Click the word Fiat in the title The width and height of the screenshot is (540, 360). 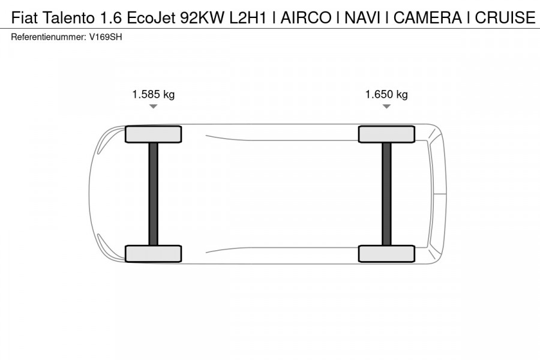click(x=24, y=18)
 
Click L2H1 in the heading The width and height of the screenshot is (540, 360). click(x=248, y=18)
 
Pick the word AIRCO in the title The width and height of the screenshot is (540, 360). click(x=305, y=18)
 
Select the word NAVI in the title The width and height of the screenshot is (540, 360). click(x=363, y=18)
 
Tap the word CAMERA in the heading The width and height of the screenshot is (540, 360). click(x=427, y=18)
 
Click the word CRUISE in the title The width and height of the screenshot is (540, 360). click(x=505, y=18)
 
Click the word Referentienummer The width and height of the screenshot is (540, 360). click(x=48, y=37)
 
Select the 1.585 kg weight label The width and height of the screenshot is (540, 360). click(x=153, y=94)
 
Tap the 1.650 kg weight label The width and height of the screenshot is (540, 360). click(x=386, y=94)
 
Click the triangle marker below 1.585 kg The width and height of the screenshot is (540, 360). click(x=153, y=106)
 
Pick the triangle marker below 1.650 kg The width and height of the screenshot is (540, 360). click(x=386, y=106)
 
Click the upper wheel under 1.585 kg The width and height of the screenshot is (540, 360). click(x=153, y=134)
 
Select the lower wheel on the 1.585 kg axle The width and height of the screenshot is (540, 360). click(x=153, y=253)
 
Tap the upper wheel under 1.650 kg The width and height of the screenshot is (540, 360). click(x=386, y=134)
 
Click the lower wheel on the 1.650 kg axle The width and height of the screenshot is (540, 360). click(x=386, y=253)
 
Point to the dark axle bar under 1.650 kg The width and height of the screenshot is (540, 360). click(x=386, y=193)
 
